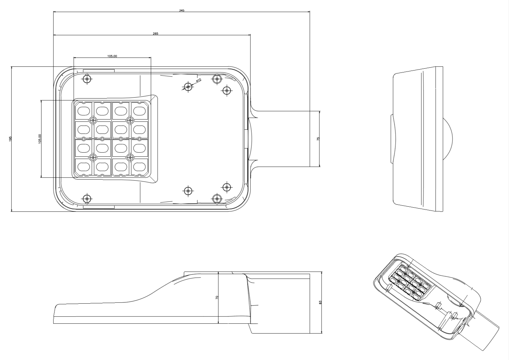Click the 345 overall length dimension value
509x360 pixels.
(181, 10)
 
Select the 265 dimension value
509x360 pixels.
(155, 34)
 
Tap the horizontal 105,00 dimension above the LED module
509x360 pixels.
(112, 56)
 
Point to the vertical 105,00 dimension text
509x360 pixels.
(40, 138)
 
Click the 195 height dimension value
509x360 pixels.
(10, 139)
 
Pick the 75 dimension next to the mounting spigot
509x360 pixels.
(318, 138)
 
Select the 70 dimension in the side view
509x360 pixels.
(217, 297)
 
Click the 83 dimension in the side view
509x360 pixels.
(320, 302)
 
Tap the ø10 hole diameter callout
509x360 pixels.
(198, 80)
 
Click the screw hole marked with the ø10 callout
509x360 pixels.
(188, 87)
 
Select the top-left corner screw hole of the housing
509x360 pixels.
(87, 79)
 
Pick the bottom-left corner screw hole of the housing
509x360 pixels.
(87, 199)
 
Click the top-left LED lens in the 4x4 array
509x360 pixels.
(84, 111)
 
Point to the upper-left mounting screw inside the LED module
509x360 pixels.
(93, 120)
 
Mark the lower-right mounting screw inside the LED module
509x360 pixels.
(130, 157)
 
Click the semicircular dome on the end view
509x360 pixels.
(448, 139)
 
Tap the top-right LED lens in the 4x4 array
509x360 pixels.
(139, 111)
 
